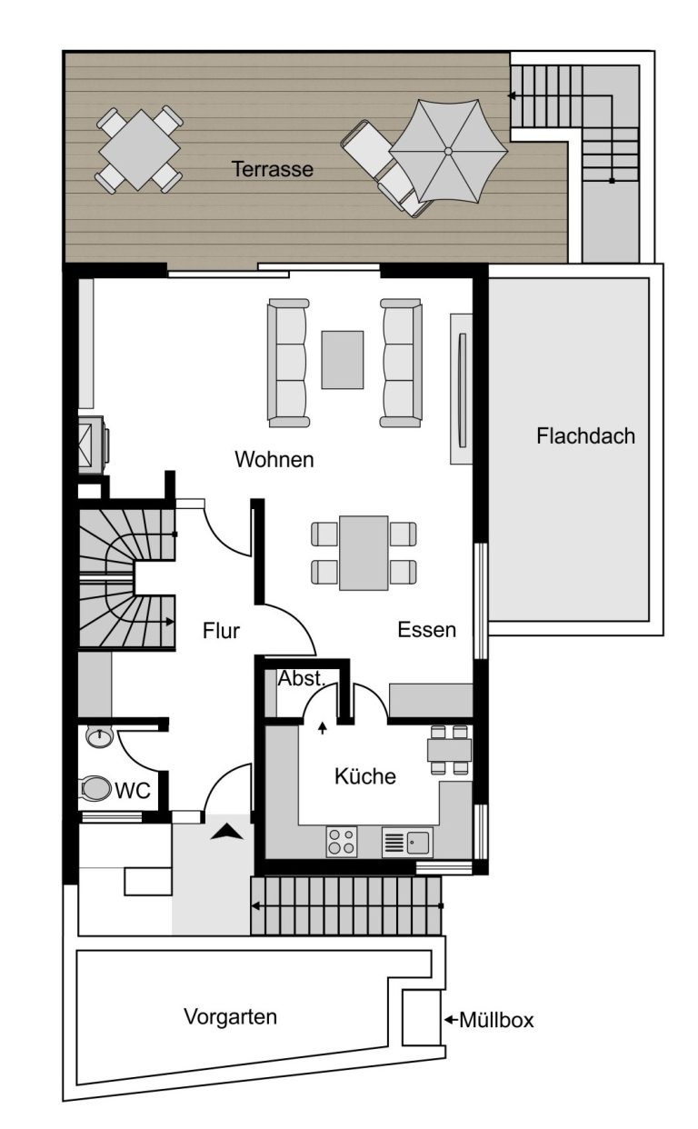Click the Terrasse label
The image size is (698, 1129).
click(x=272, y=169)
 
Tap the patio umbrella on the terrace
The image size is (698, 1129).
click(x=448, y=151)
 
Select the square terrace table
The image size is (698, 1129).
click(x=139, y=150)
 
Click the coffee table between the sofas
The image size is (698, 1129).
click(x=343, y=360)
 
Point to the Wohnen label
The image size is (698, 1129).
click(x=274, y=459)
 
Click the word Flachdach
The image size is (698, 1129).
click(x=585, y=436)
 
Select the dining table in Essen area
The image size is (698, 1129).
click(x=364, y=553)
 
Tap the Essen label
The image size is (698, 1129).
click(x=426, y=630)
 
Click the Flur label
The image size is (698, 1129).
click(x=221, y=631)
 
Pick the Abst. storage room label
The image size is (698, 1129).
click(x=302, y=678)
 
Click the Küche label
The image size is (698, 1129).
click(x=364, y=775)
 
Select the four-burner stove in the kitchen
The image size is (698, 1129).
click(x=341, y=842)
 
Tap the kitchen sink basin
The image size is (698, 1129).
click(x=418, y=842)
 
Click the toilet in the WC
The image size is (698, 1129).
click(x=95, y=788)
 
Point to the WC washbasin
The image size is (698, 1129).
click(x=99, y=736)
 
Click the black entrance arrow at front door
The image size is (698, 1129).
click(x=226, y=831)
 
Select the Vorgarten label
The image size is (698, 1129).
click(x=230, y=1016)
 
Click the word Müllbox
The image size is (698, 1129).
click(x=496, y=1020)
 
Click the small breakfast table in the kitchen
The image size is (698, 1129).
click(x=449, y=749)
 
